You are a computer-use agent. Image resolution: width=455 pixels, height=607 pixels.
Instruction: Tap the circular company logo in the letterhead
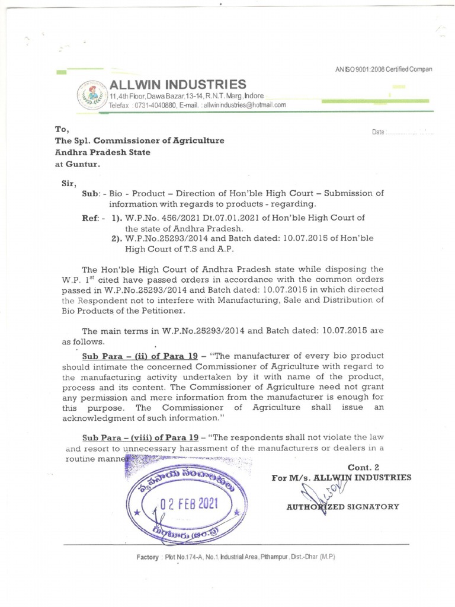(91, 95)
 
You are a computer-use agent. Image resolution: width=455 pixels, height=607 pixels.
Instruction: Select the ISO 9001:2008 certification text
(383, 69)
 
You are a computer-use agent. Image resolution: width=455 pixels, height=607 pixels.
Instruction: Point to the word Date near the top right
(378, 132)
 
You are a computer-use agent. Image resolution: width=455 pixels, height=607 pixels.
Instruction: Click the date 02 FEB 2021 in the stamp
(188, 504)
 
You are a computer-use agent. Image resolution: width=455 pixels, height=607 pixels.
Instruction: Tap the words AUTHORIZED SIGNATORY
(342, 507)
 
